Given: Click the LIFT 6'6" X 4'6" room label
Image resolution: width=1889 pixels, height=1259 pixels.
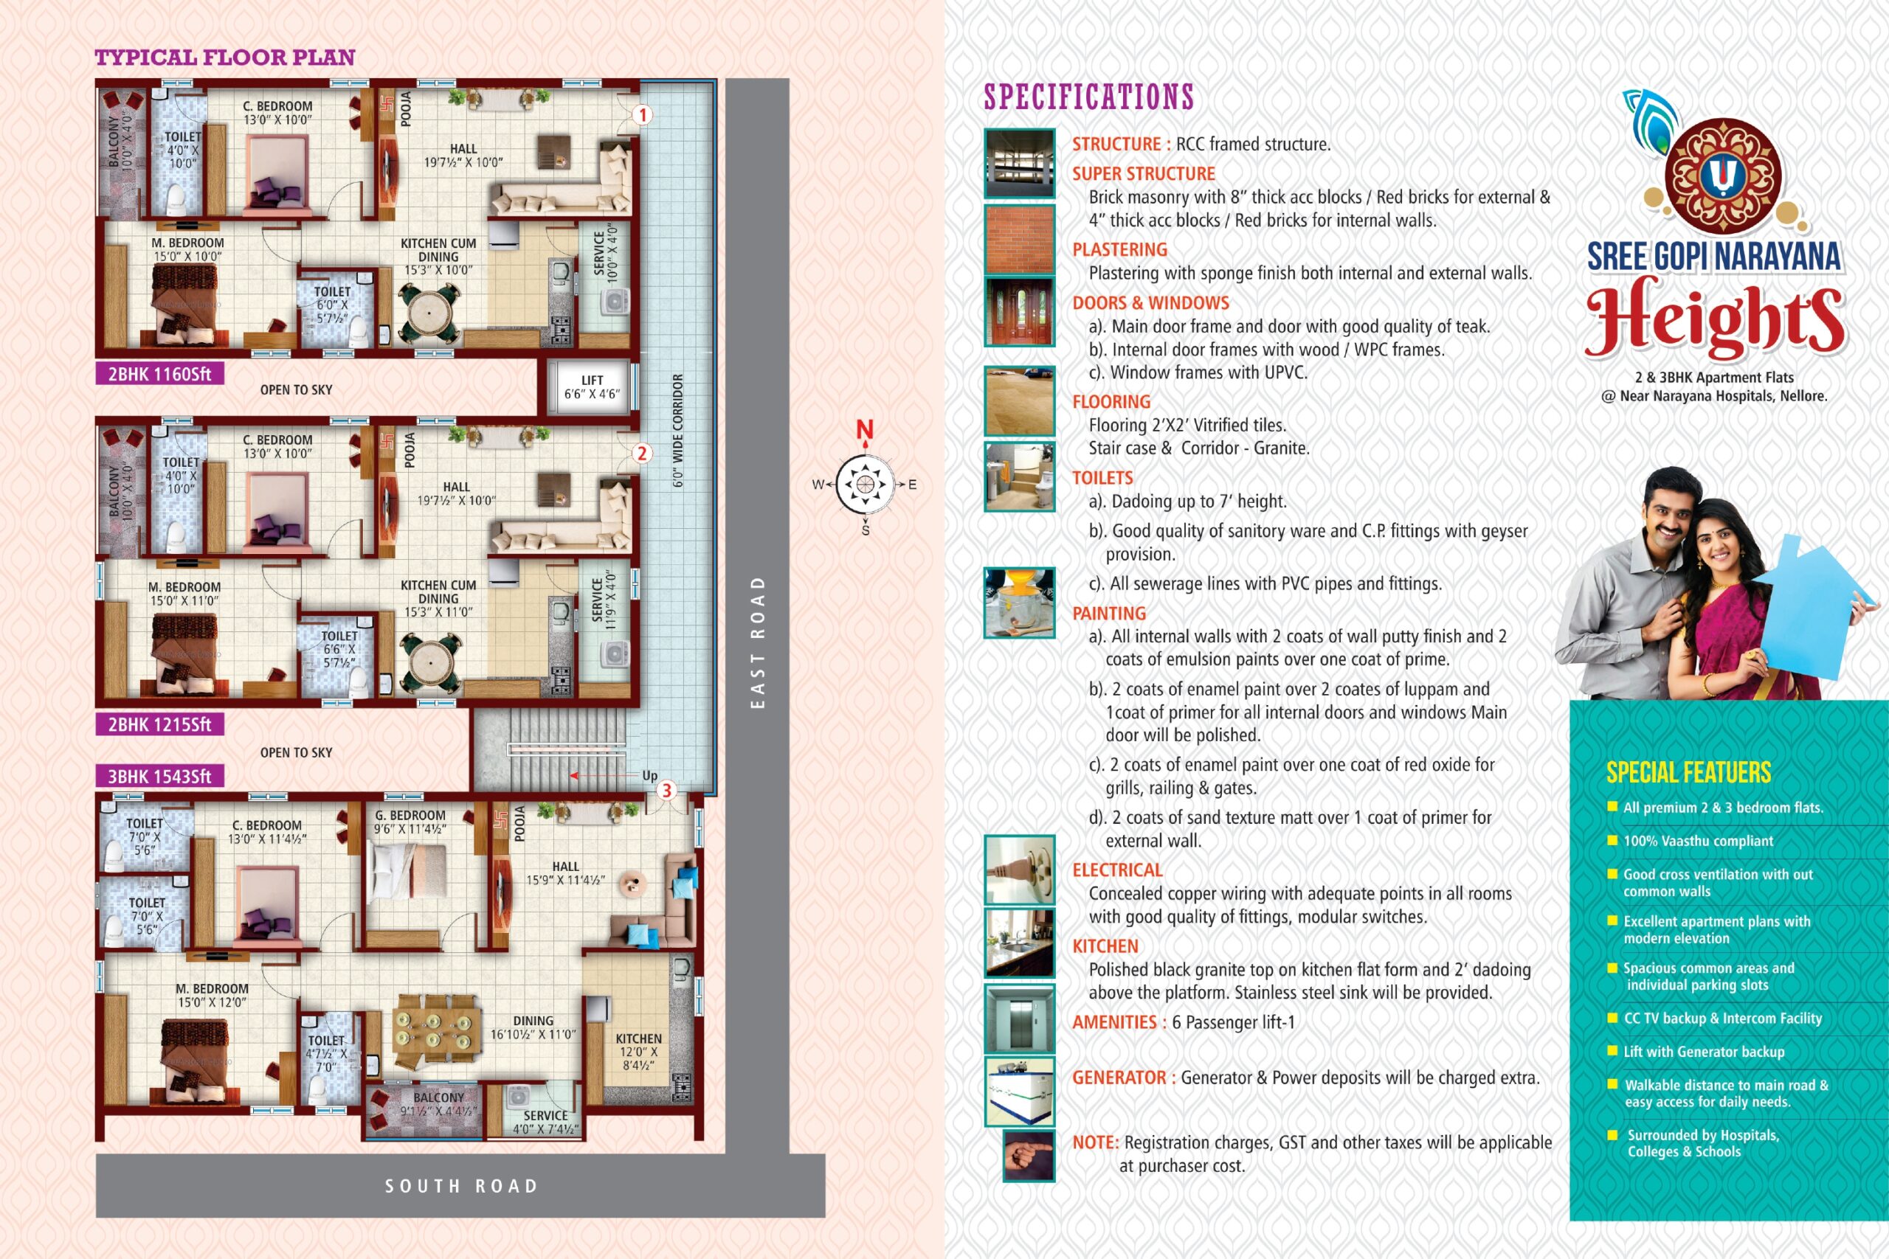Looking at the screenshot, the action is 592,387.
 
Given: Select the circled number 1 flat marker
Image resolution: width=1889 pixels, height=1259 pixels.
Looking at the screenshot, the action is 642,115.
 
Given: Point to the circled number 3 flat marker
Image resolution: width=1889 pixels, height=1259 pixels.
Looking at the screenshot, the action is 666,791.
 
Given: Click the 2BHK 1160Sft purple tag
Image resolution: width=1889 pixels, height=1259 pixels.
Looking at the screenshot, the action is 159,374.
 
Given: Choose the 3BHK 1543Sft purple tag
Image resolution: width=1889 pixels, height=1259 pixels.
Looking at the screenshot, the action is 159,777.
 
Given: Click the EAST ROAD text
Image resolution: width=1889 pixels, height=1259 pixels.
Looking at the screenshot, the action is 756,642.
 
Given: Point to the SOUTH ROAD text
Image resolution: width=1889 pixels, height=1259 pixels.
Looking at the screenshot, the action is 461,1186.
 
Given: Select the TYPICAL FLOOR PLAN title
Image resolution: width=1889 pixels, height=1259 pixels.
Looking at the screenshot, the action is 225,57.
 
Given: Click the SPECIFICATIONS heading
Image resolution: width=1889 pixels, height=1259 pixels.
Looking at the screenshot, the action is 1089,97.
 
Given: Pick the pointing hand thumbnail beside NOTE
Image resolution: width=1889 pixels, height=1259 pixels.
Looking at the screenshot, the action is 1028,1156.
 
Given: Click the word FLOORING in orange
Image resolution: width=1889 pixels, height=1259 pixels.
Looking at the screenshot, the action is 1111,401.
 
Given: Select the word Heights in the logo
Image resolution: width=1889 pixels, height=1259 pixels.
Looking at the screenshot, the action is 1715,319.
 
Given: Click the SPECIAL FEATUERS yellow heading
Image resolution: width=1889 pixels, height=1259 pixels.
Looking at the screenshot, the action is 1688,772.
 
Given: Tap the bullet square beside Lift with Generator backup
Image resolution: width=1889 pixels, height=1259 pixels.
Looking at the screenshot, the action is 1612,1050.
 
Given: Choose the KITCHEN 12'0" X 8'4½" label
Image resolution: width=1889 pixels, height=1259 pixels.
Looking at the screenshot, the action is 638,1052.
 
